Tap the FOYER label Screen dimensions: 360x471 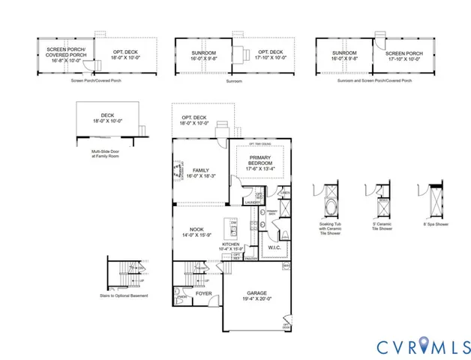point(205,294)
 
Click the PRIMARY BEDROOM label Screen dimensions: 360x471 point(260,161)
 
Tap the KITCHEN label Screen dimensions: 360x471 point(230,245)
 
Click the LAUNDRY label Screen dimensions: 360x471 point(252,202)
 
